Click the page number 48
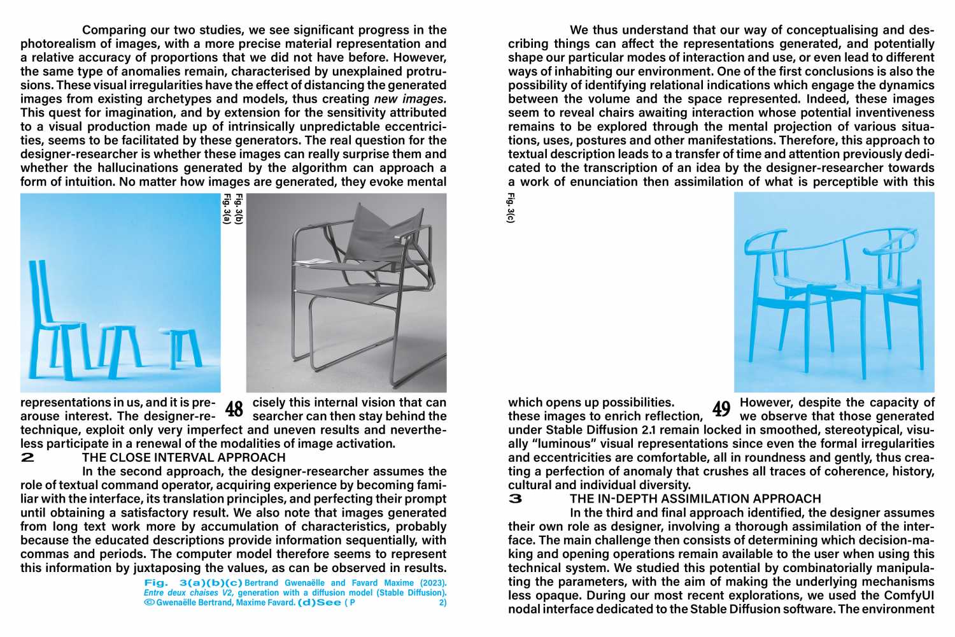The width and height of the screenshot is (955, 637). [x=234, y=409]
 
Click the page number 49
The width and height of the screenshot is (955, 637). [x=721, y=409]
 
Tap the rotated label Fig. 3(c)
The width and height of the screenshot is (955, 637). [x=511, y=208]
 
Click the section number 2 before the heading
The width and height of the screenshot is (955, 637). [x=28, y=457]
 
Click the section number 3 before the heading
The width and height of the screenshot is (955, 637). [x=516, y=499]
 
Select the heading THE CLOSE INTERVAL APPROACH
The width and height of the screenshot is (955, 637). [x=183, y=457]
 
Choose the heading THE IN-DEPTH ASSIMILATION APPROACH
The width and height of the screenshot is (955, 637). [x=695, y=499]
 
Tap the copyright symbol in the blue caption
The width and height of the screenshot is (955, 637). [x=149, y=602]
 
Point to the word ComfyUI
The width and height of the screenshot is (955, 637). [x=909, y=595]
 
